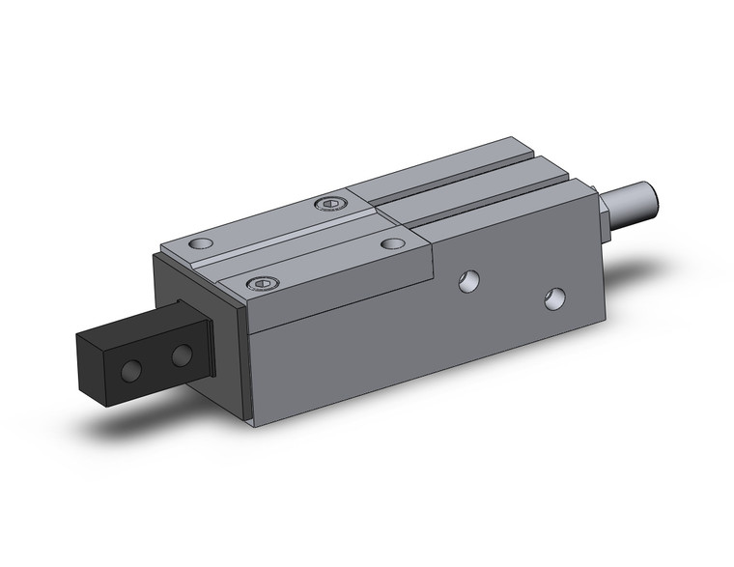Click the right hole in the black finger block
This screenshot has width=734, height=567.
click(x=181, y=355)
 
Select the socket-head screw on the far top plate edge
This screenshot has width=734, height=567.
click(x=332, y=203)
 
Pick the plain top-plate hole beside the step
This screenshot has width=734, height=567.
click(x=392, y=243)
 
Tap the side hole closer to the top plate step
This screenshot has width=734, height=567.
click(x=468, y=280)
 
